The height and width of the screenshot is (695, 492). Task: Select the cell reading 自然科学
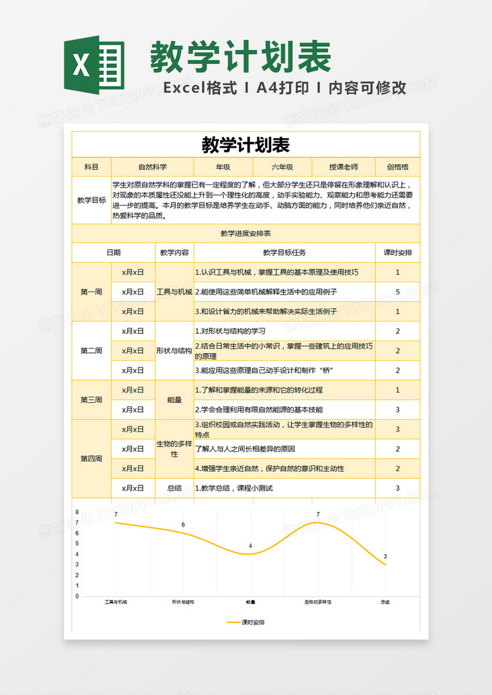point(153,167)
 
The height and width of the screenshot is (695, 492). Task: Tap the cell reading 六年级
point(282,167)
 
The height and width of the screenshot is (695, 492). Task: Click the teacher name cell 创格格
point(398,167)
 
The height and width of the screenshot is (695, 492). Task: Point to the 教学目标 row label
point(91,200)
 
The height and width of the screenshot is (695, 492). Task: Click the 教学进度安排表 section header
point(245,233)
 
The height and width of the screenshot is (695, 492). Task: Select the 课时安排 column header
point(398,252)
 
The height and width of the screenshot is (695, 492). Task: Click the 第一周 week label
point(91,292)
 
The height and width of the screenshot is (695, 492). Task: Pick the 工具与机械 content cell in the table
point(174,292)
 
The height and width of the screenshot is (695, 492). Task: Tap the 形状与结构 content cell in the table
point(174,351)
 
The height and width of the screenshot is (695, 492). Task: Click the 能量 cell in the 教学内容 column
point(174,400)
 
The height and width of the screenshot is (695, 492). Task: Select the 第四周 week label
point(91,458)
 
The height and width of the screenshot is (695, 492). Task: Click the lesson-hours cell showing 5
point(398,292)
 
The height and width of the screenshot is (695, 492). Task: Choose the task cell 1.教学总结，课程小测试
point(234,488)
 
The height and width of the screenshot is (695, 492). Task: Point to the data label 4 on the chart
point(250,546)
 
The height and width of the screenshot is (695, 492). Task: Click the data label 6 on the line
point(183,524)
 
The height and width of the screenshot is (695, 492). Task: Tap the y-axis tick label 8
point(77,512)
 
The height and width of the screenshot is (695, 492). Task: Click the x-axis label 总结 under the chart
point(385,602)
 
